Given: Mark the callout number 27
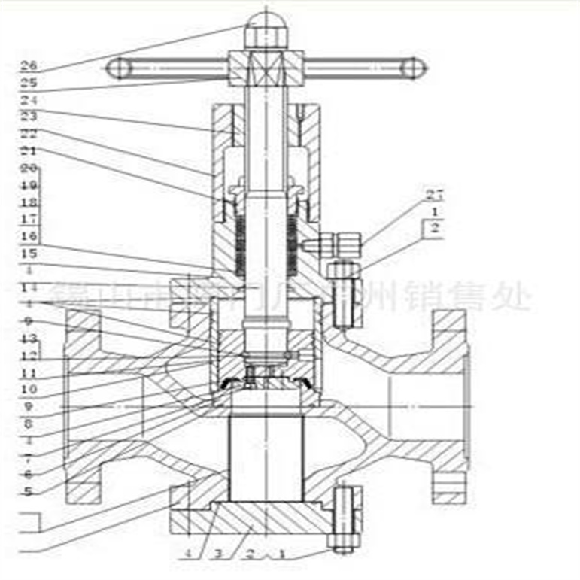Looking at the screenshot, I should pyautogui.click(x=433, y=195).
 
